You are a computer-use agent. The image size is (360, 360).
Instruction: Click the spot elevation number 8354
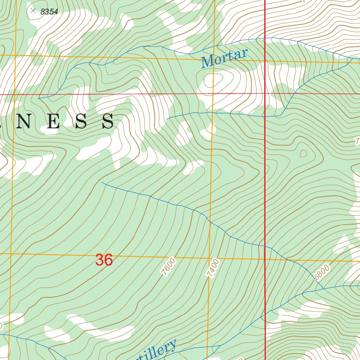pyautogui.click(x=49, y=12)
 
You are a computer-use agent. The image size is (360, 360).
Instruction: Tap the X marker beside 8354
pyautogui.click(x=33, y=11)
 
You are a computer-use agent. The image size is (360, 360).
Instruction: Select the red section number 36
pyautogui.click(x=104, y=260)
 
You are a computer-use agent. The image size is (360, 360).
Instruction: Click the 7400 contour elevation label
pyautogui.click(x=213, y=268)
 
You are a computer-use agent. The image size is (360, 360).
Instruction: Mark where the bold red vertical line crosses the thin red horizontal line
pyautogui.click(x=265, y=94)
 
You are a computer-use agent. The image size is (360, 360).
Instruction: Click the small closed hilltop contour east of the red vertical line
pyautogui.click(x=303, y=153)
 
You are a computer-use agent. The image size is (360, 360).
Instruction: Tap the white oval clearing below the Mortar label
pyautogui.click(x=214, y=81)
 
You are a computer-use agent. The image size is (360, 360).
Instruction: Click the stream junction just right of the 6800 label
pyautogui.click(x=324, y=288)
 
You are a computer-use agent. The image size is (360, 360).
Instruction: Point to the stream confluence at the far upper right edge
pyautogui.click(x=352, y=58)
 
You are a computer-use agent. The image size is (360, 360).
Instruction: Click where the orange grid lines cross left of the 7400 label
pyautogui.click(x=210, y=258)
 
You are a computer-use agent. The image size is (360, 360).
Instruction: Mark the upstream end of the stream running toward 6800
pyautogui.click(x=102, y=182)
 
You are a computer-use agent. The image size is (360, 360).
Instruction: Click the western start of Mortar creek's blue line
pyautogui.click(x=38, y=98)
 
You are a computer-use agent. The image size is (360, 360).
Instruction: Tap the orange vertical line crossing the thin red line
pyautogui.click(x=213, y=94)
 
